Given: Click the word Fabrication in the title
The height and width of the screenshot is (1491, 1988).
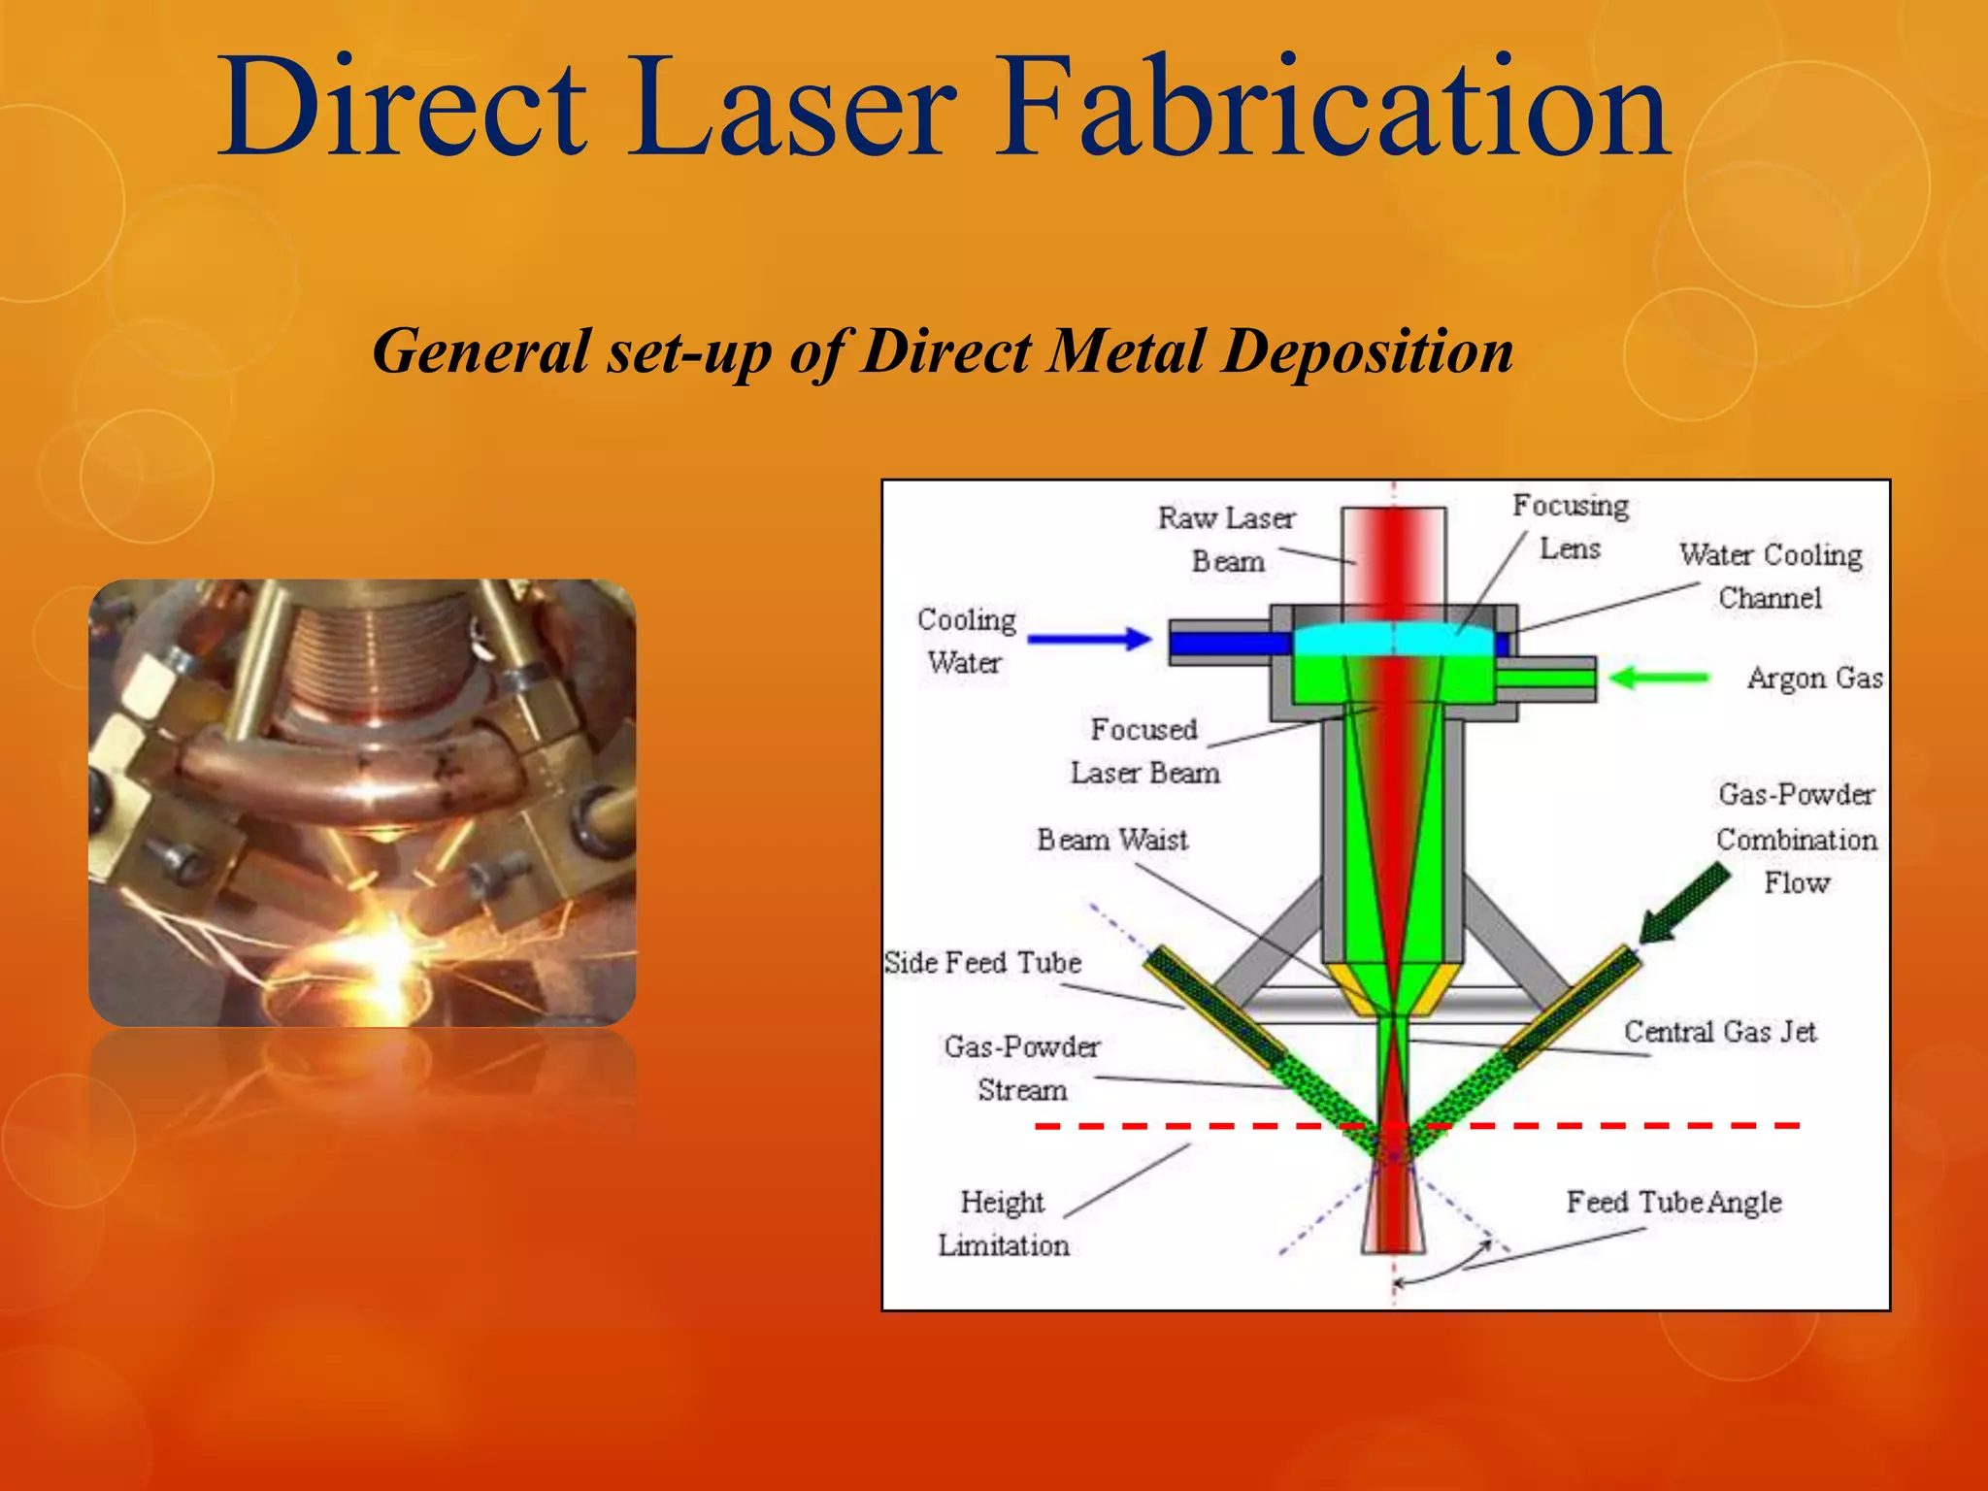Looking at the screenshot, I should (x=1330, y=107).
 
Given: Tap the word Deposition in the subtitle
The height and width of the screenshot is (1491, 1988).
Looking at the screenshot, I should (x=1367, y=350).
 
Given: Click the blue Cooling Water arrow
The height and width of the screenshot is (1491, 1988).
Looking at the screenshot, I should (x=1088, y=639).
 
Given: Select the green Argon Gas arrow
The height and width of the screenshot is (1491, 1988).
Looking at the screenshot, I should (x=1658, y=678).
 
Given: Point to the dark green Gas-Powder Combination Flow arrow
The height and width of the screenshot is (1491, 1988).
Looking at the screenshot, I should (x=1684, y=903).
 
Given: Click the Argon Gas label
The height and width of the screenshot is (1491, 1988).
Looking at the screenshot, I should (x=1813, y=678).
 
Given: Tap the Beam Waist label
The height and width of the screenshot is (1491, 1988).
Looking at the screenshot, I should (x=1111, y=840).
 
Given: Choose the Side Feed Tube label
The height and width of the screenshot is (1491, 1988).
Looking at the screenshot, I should (x=982, y=962).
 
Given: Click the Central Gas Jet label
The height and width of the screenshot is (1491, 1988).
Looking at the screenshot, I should (x=1719, y=1031).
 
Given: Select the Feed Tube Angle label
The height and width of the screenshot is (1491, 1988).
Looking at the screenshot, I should (x=1673, y=1202).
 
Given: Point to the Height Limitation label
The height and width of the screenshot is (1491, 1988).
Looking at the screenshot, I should (x=1003, y=1223).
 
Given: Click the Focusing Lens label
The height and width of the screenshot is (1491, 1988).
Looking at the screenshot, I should (x=1570, y=526).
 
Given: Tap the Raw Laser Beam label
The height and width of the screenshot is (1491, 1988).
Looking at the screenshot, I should (x=1227, y=539).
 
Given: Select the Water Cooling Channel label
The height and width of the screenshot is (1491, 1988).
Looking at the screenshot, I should (x=1770, y=576).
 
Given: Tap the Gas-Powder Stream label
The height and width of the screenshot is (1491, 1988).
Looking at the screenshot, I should (x=1021, y=1068).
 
